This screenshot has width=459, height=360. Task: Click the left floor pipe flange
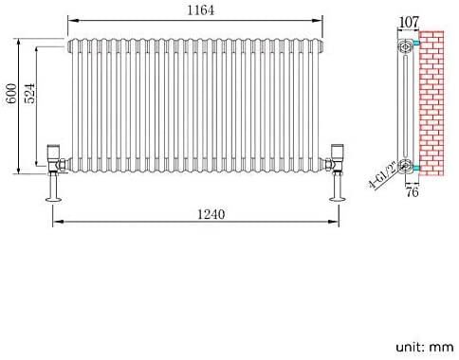53,199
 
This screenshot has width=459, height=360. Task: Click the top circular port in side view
406,45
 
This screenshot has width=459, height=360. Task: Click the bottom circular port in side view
406,167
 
